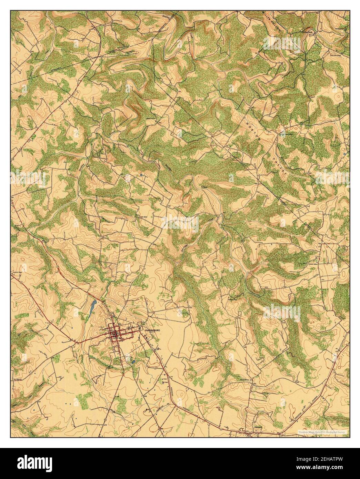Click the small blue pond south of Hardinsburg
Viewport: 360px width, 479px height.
click(133, 362)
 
